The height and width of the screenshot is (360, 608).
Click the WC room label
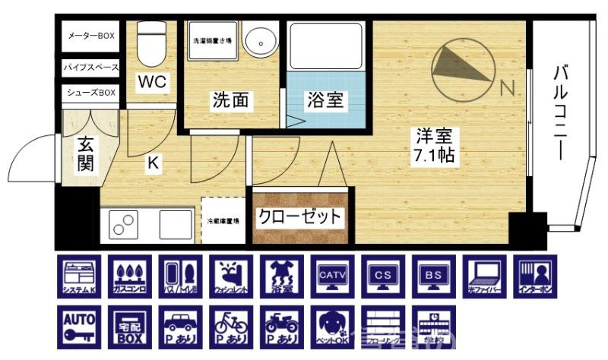pyautogui.click(x=152, y=81)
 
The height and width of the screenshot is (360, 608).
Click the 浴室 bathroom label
pyautogui.click(x=325, y=100)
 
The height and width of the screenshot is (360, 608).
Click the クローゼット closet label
pyautogui.click(x=299, y=216)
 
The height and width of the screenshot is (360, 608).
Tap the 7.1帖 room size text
pyautogui.click(x=433, y=157)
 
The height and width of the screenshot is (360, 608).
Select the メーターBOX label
pyautogui.click(x=91, y=36)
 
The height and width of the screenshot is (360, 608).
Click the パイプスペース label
pyautogui.click(x=91, y=68)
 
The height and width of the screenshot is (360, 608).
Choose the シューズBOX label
pyautogui.click(x=91, y=93)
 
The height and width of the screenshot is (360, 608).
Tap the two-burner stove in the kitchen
pyautogui.click(x=122, y=225)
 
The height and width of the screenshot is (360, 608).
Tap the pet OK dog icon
pyautogui.click(x=331, y=327)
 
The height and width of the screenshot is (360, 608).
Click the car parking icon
pyautogui.click(x=179, y=327)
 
